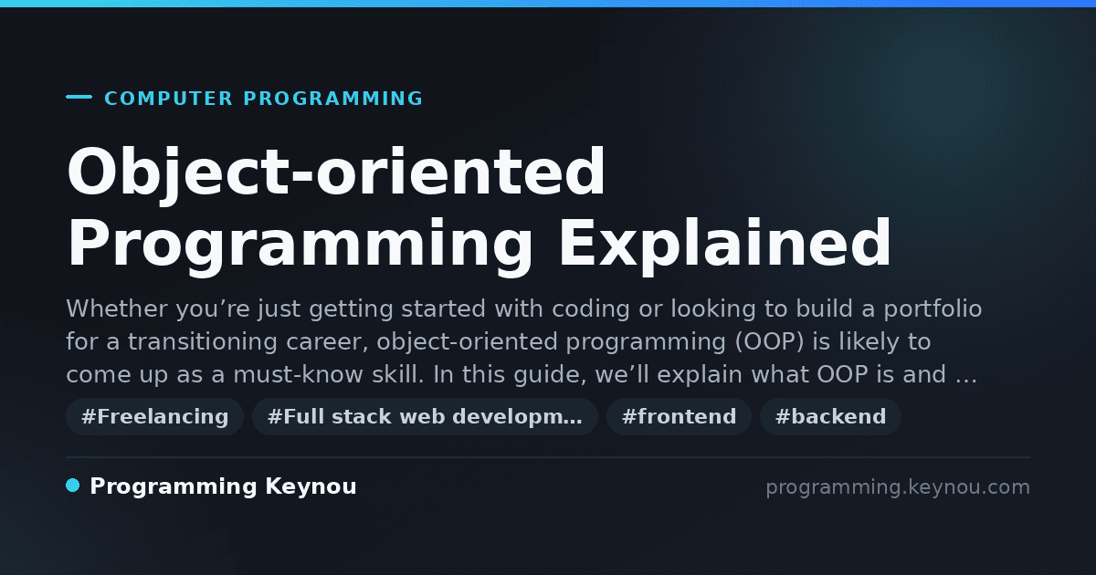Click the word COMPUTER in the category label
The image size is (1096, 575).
pos(168,99)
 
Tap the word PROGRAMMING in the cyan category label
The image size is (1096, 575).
pos(332,99)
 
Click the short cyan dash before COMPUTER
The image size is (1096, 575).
pos(79,97)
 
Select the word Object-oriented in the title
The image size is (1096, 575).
pos(336,173)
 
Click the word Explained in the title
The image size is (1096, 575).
pos(725,243)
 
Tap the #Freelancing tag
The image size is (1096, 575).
pos(154,416)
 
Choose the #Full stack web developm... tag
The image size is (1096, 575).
pos(425,416)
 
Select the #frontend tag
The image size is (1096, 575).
pos(679,416)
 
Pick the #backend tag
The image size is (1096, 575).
pos(830,416)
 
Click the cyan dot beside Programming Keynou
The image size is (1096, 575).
pos(73,486)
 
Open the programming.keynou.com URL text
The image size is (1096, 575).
pos(898,487)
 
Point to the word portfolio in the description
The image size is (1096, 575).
pos(933,309)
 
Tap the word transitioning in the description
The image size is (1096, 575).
pos(203,342)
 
